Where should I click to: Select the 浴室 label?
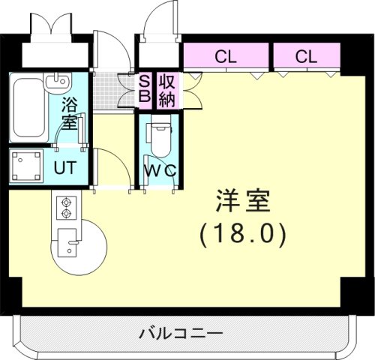tap(69, 112)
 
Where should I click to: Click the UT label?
tap(64, 167)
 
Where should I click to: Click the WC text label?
tap(160, 170)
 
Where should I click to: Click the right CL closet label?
tap(305, 55)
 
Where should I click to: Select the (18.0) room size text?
tap(242, 235)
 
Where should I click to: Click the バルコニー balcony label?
tap(180, 333)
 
